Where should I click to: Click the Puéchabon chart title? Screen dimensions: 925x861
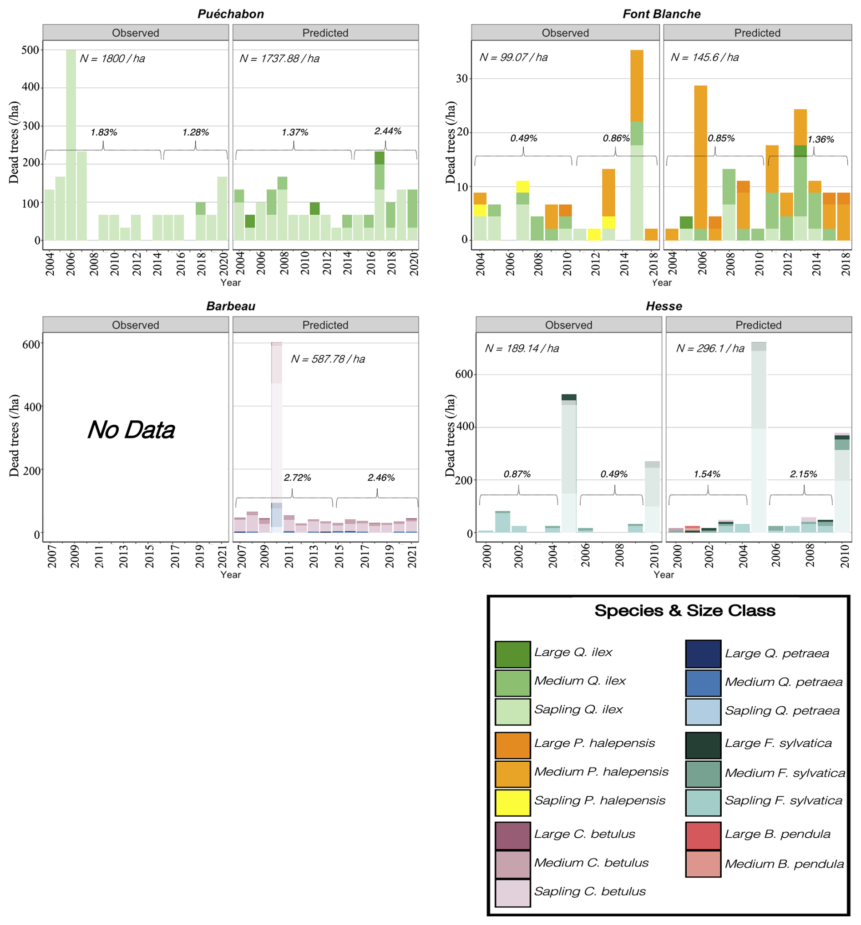click(x=231, y=14)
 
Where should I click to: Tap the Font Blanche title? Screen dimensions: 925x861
click(x=661, y=14)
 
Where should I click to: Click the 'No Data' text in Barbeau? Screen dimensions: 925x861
click(x=132, y=429)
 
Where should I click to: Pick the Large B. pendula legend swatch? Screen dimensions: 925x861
click(x=703, y=836)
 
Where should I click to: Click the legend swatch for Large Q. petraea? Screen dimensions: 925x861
click(x=703, y=654)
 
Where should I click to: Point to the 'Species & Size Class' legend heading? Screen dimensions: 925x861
click(x=684, y=610)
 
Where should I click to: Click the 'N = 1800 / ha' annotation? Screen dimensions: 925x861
click(x=112, y=59)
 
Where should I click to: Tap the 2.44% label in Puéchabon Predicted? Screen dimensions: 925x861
click(x=387, y=131)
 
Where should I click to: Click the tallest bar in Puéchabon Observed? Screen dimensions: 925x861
click(x=71, y=144)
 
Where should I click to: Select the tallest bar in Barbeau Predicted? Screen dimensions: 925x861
click(x=277, y=437)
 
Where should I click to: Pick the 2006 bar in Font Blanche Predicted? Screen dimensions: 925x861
click(x=700, y=163)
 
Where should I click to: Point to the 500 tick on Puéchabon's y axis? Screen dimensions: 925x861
click(x=30, y=50)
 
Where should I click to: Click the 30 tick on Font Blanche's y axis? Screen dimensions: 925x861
click(x=461, y=78)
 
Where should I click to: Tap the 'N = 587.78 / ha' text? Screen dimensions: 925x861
click(x=328, y=359)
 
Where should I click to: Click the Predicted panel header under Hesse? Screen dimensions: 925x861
click(x=758, y=325)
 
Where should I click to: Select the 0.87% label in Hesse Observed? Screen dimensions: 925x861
click(x=517, y=474)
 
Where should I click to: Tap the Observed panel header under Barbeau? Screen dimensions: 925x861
click(x=136, y=325)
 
